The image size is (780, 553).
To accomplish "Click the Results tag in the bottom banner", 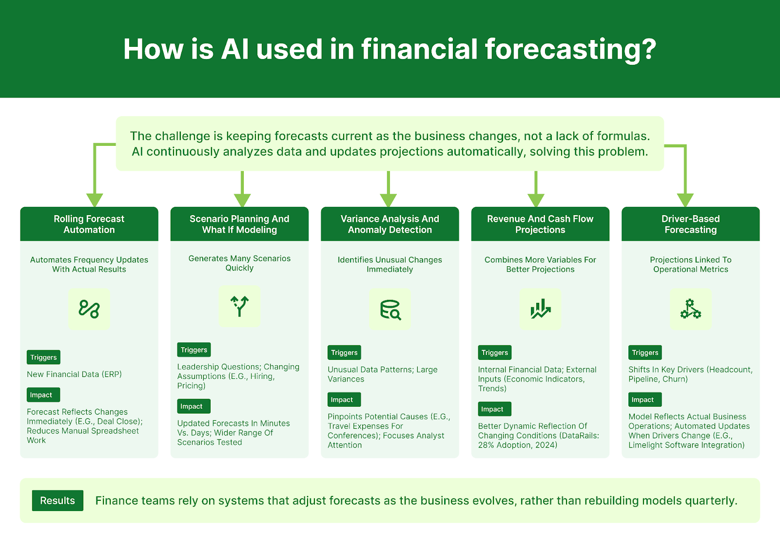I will (58, 500).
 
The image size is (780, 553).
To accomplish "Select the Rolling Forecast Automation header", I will (89, 224).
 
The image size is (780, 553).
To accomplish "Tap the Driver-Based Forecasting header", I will (690, 224).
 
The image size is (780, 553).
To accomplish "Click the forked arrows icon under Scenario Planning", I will (239, 306).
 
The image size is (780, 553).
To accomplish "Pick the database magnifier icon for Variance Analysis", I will (390, 310).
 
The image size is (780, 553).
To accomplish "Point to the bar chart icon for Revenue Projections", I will (540, 310).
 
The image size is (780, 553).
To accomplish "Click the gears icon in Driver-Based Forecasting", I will (690, 309).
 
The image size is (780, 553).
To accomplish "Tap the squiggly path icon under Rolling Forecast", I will (89, 309).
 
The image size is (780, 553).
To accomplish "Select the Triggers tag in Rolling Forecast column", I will (43, 357).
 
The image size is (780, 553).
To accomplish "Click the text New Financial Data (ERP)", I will (74, 375).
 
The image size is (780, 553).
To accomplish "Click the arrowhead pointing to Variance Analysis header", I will (388, 200).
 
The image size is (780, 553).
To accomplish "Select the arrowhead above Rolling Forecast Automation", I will (95, 200).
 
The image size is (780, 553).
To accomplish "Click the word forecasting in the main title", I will (570, 50).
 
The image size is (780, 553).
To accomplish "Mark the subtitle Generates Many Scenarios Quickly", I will (239, 263).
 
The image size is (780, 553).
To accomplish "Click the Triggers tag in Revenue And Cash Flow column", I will (494, 353).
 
